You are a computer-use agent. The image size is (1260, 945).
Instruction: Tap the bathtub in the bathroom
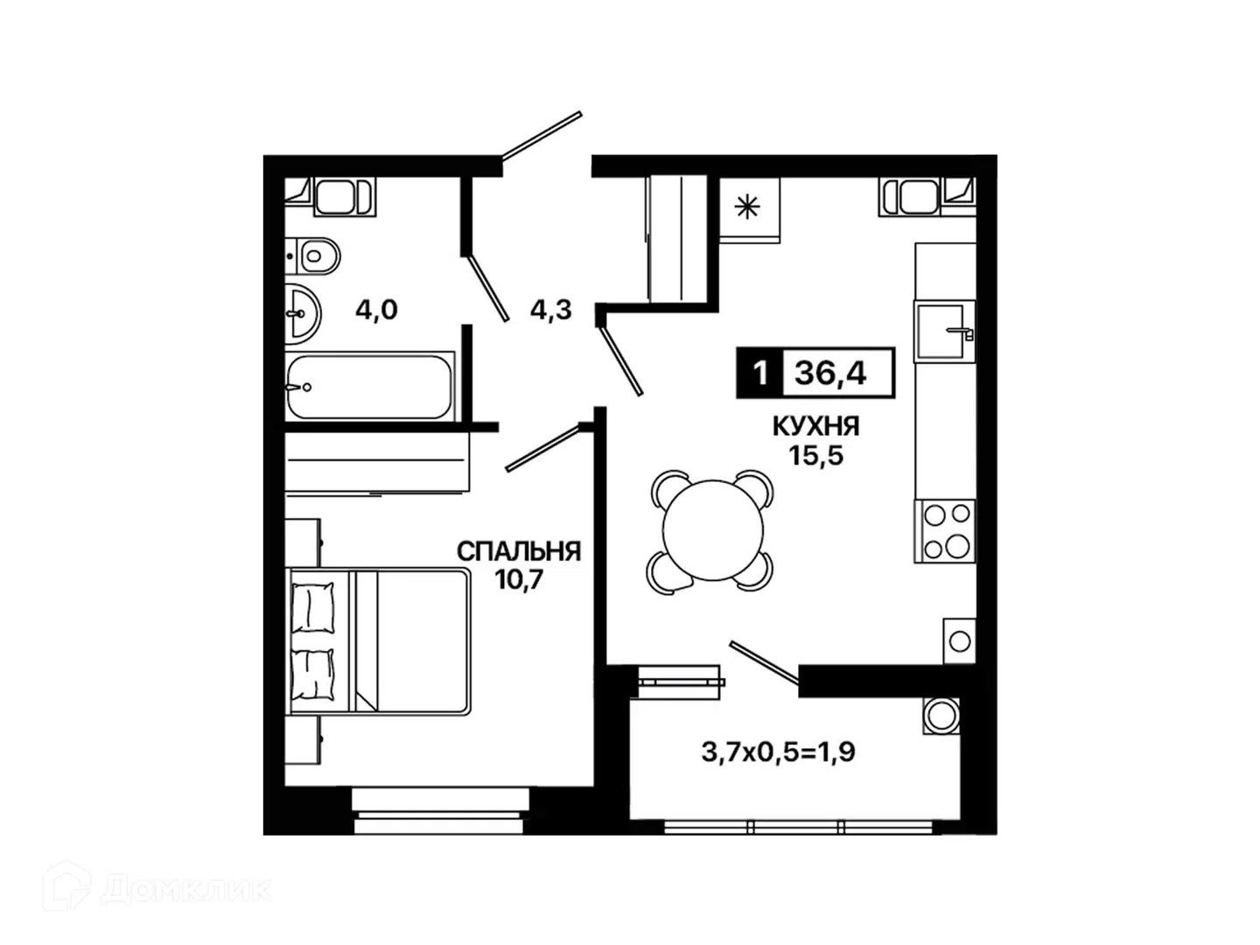click(370, 386)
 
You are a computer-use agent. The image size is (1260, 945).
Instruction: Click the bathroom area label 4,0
click(376, 311)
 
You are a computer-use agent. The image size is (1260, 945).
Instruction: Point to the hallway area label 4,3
click(551, 311)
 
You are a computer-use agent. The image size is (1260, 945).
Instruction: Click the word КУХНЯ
click(815, 426)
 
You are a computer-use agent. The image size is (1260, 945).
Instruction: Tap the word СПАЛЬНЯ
click(519, 551)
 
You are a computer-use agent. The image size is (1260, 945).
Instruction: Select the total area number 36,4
click(830, 374)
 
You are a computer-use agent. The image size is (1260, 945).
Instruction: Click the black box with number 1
click(760, 373)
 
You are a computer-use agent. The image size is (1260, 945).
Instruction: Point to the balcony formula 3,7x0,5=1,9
click(778, 752)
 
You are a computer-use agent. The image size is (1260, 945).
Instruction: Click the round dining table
click(712, 529)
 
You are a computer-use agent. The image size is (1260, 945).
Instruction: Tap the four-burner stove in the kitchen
click(945, 531)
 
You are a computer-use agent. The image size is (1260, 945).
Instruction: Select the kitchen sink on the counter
click(945, 332)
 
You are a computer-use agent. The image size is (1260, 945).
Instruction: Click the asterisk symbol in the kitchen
click(748, 207)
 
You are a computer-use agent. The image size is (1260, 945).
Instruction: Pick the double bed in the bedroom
click(380, 642)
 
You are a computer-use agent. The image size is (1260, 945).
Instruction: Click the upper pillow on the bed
click(313, 607)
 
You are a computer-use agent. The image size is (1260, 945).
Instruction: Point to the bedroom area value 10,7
click(519, 581)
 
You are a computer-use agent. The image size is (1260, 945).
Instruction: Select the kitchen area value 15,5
click(815, 456)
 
